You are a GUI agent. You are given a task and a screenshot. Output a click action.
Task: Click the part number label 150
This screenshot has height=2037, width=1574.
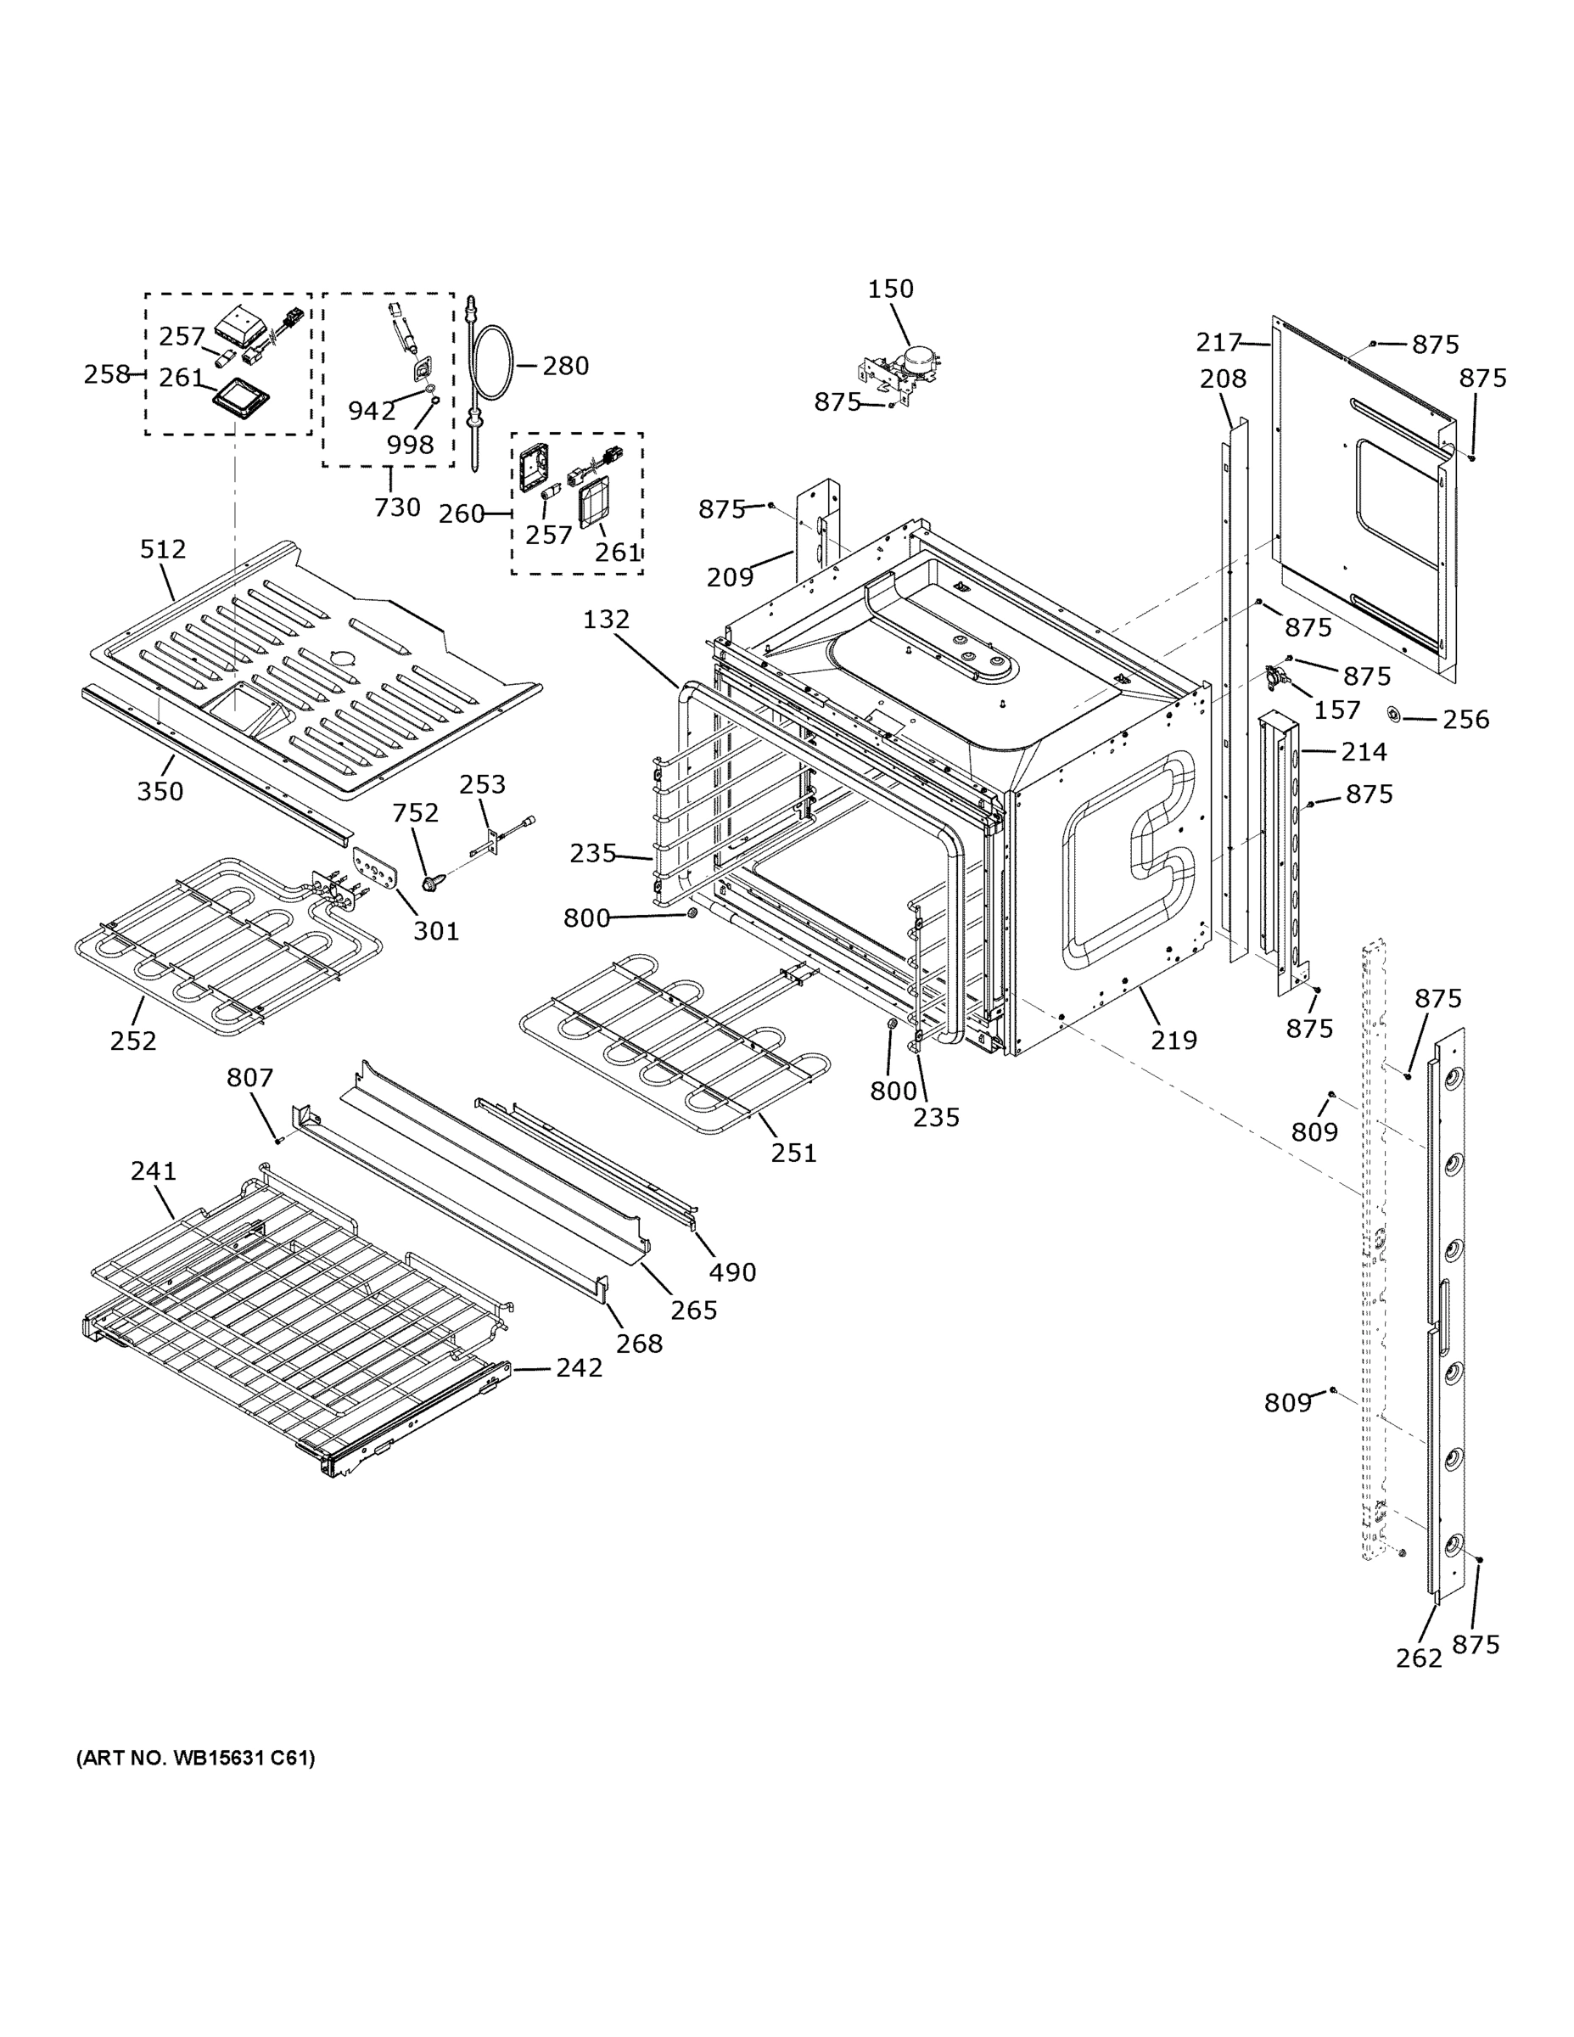click(890, 289)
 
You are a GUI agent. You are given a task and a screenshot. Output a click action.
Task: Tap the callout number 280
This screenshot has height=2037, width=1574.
click(565, 366)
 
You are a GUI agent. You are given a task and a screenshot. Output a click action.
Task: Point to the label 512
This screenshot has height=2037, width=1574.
click(163, 549)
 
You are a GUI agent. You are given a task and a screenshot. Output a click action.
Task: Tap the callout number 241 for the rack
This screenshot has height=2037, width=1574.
click(153, 1170)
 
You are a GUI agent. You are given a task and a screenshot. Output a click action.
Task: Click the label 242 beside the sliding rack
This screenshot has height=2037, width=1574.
click(579, 1367)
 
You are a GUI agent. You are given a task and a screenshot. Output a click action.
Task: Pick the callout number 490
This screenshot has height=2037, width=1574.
click(732, 1272)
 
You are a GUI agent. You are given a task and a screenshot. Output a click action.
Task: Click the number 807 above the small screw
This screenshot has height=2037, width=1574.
click(250, 1078)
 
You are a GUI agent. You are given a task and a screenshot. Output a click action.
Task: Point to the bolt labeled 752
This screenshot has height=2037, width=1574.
click(431, 879)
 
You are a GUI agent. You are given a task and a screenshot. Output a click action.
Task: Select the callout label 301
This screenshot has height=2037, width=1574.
click(435, 931)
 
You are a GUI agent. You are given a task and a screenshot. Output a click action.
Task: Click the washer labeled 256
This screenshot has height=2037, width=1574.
click(1394, 716)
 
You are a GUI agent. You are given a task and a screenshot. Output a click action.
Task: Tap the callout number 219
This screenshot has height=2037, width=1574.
click(1173, 1040)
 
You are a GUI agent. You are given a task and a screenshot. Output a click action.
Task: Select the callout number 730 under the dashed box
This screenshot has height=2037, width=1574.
click(397, 508)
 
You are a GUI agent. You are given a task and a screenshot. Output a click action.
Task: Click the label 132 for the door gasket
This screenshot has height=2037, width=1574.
click(606, 620)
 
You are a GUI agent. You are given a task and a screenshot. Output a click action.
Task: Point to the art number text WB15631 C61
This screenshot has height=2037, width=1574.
click(196, 1758)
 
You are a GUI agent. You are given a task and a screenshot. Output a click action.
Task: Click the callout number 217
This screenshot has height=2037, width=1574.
click(1218, 343)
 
